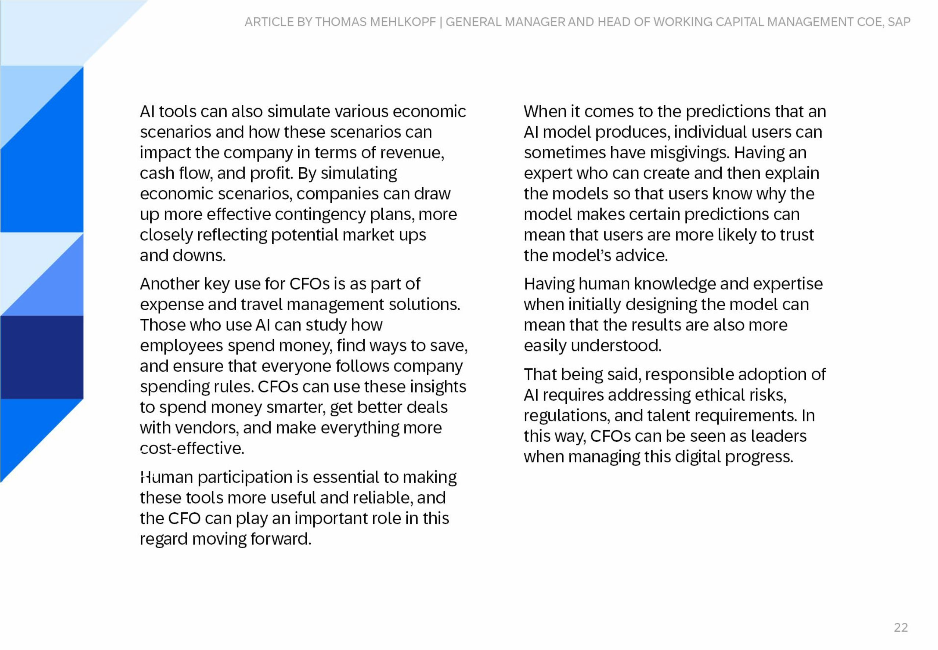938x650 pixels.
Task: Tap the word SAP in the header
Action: (898, 22)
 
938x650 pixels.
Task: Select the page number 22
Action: (901, 627)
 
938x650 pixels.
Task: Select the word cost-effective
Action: (192, 449)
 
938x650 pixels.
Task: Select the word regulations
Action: (567, 416)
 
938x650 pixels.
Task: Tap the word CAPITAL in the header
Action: (739, 22)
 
